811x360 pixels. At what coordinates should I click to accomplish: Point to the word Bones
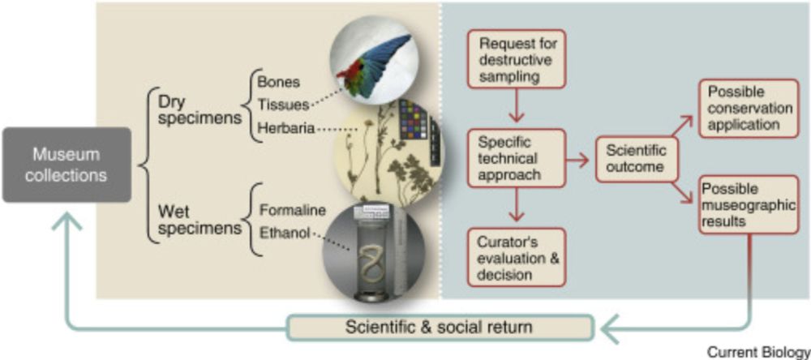(278, 82)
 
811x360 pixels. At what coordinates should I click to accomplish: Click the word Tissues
(283, 105)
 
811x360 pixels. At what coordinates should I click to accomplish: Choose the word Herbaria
(286, 127)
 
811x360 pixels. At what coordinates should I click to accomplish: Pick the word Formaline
(292, 211)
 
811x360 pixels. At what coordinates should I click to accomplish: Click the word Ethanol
(286, 233)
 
